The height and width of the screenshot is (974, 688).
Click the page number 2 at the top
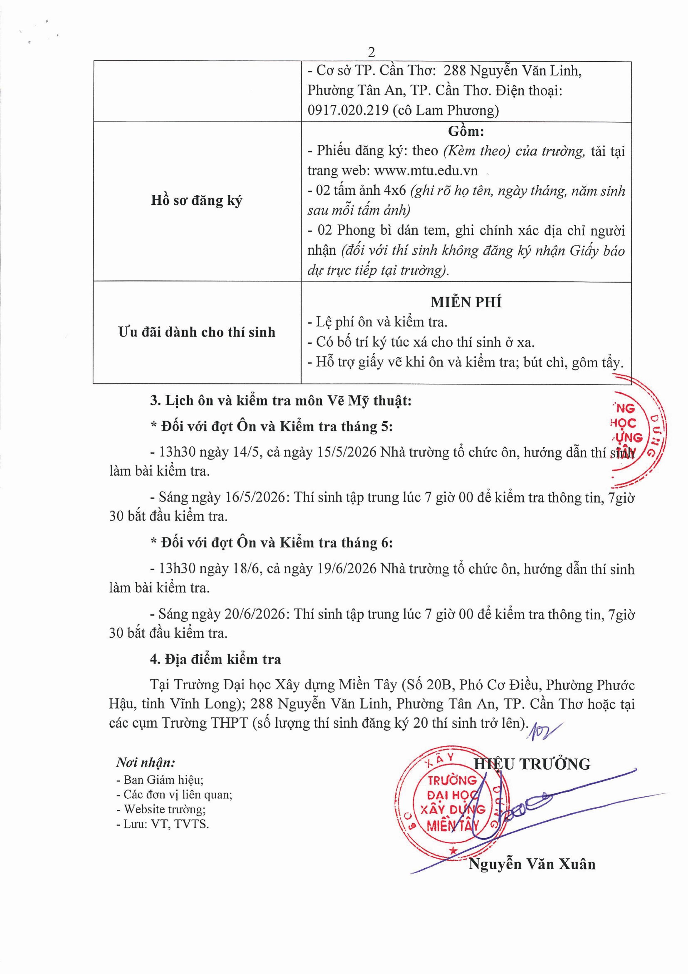371,52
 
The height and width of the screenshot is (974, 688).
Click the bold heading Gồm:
466,131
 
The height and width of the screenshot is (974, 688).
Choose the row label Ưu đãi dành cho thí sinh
197,332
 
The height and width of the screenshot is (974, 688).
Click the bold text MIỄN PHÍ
466,302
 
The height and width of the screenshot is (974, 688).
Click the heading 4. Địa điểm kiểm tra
215,659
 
